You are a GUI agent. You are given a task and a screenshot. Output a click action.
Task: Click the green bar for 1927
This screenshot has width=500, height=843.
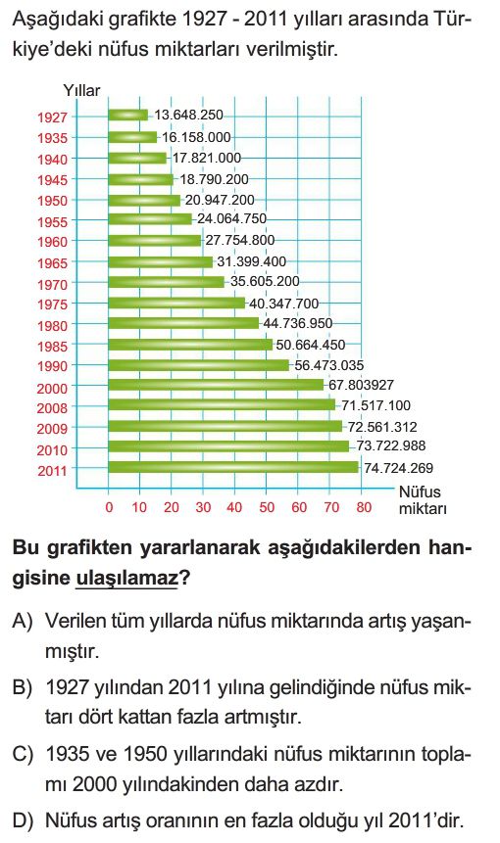click(x=128, y=116)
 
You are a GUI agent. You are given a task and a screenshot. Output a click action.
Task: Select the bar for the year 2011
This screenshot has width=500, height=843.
click(x=233, y=467)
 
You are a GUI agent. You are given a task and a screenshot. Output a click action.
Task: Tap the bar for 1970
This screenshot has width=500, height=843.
click(x=167, y=282)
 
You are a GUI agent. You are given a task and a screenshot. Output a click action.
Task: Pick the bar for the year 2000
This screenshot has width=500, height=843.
click(x=216, y=385)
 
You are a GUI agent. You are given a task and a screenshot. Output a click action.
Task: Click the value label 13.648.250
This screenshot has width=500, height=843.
click(x=188, y=116)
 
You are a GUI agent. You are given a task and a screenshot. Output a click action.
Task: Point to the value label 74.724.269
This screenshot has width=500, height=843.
click(x=398, y=468)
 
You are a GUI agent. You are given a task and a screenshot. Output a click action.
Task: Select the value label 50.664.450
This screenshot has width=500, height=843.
click(x=311, y=345)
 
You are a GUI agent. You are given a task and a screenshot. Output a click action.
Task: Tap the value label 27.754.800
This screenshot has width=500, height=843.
click(x=240, y=240)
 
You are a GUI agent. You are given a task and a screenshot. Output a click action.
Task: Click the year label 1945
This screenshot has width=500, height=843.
click(x=53, y=180)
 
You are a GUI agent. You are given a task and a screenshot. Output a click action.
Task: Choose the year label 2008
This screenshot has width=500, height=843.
click(x=53, y=408)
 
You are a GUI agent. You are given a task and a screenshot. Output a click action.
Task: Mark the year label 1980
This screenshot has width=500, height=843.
click(x=53, y=326)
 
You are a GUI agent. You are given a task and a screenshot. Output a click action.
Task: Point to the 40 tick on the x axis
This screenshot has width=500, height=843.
click(x=234, y=507)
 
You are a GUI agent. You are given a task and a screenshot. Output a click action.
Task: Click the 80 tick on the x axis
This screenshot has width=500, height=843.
click(x=364, y=507)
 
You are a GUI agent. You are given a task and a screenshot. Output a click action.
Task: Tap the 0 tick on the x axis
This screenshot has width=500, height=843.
click(x=109, y=507)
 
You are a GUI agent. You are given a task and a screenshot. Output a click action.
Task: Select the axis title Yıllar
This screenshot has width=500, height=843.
click(x=81, y=90)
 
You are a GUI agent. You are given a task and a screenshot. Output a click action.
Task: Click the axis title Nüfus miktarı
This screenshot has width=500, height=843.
click(x=423, y=500)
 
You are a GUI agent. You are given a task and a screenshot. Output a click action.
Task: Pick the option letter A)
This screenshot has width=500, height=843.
click(x=23, y=621)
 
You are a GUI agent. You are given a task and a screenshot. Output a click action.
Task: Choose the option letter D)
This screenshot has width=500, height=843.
click(x=23, y=820)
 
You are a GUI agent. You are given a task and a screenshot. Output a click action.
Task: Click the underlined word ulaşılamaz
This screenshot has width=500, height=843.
click(x=126, y=578)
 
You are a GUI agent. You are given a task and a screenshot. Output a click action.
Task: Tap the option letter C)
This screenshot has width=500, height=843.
click(x=23, y=754)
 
